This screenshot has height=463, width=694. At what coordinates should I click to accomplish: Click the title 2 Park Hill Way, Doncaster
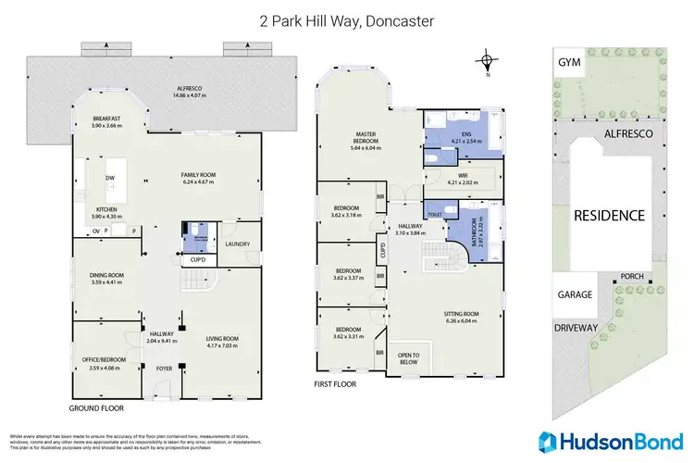[347, 20]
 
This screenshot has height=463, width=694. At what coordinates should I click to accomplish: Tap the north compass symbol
[486, 63]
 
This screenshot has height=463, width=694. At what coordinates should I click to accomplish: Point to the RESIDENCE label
[609, 215]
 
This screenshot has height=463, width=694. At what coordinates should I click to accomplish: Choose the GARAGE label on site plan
[576, 294]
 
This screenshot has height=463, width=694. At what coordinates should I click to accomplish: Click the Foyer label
[164, 368]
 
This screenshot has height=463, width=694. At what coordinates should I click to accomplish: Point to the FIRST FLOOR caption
[335, 382]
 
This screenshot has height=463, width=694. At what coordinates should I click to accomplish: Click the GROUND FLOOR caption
[96, 407]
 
